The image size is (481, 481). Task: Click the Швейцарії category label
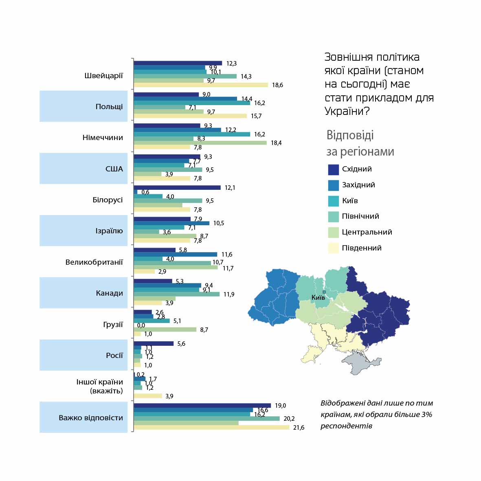pos(103,76)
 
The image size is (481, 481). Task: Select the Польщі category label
pos(109,107)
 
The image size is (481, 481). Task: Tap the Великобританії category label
pos(94,262)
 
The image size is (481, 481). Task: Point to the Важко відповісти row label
pos(91,418)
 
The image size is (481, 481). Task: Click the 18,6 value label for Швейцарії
pos(277,85)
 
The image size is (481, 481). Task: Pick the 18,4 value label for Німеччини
pos(276,143)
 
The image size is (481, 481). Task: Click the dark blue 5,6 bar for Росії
pos(154,344)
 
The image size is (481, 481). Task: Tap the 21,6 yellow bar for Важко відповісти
pos(211,427)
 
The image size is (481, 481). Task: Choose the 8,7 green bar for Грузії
pos(165,329)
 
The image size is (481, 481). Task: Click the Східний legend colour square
pos(334,169)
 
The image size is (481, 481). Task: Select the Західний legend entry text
pos(358,185)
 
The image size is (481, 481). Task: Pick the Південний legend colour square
pos(334,248)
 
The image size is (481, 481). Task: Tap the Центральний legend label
pos(367,232)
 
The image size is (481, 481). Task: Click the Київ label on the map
pos(318,297)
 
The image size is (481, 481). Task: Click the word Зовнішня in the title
pos(348,57)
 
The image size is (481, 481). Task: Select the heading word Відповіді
pos(350,135)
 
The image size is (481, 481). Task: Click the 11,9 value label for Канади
pos(229,294)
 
